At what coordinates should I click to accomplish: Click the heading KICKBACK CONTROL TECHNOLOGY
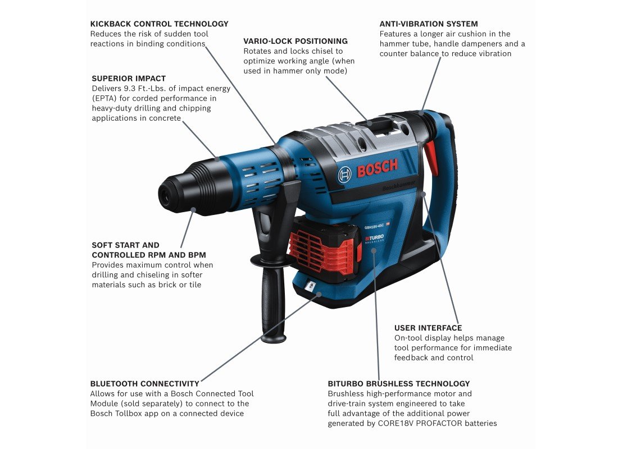(x=159, y=24)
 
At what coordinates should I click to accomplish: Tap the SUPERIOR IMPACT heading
(x=129, y=79)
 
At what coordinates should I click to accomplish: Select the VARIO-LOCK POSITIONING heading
(x=296, y=41)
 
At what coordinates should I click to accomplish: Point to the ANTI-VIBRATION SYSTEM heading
(x=429, y=24)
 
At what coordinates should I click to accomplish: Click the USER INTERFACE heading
(x=428, y=328)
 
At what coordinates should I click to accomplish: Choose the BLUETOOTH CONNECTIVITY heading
(x=144, y=384)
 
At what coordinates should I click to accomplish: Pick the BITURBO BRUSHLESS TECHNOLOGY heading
(x=399, y=384)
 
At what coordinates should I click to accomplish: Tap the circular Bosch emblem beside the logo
(x=344, y=175)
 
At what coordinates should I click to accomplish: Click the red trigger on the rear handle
(x=431, y=158)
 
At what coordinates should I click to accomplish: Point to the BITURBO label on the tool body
(x=374, y=238)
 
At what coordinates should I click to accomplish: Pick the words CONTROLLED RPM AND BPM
(x=149, y=255)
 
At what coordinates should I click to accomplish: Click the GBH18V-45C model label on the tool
(x=374, y=226)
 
